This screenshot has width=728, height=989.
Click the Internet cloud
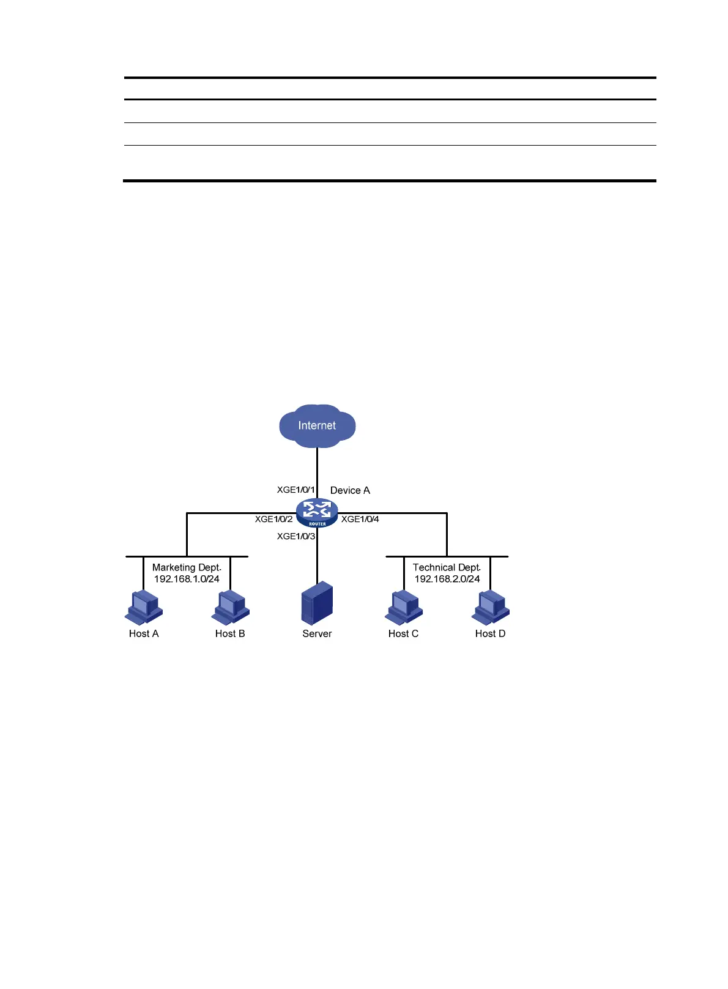pyautogui.click(x=317, y=425)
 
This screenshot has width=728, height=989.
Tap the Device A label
pyautogui.click(x=350, y=490)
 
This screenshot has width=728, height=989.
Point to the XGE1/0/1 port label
pyautogui.click(x=296, y=490)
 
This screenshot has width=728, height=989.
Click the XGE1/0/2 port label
pyautogui.click(x=274, y=519)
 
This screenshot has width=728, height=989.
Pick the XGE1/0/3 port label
pyautogui.click(x=296, y=536)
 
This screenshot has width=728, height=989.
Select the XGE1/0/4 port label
pyautogui.click(x=360, y=519)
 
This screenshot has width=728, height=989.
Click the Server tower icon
pyautogui.click(x=317, y=603)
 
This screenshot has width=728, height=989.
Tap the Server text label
pyautogui.click(x=317, y=633)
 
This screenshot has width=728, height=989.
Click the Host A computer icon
pyautogui.click(x=144, y=606)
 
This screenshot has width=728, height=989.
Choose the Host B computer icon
pyautogui.click(x=231, y=606)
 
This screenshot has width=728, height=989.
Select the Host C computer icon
pyautogui.click(x=404, y=606)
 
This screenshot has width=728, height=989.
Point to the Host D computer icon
pyautogui.click(x=491, y=606)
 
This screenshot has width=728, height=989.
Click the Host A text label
pyautogui.click(x=144, y=633)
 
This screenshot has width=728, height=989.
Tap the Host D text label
pyautogui.click(x=491, y=633)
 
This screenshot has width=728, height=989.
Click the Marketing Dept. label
pyautogui.click(x=187, y=567)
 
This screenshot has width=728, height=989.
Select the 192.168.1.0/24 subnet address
pyautogui.click(x=187, y=579)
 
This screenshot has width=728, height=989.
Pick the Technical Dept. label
pyautogui.click(x=447, y=567)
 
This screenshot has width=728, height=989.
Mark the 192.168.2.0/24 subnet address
pyautogui.click(x=447, y=579)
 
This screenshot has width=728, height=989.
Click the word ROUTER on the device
pyautogui.click(x=318, y=524)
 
